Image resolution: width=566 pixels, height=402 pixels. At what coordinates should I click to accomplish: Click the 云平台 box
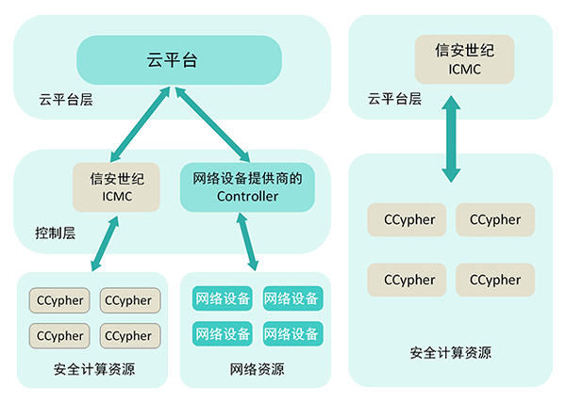click(x=180, y=59)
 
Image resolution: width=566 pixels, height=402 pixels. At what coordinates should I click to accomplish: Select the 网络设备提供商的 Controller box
click(x=247, y=187)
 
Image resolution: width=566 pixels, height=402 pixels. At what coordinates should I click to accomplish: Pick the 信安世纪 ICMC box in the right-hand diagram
click(x=450, y=57)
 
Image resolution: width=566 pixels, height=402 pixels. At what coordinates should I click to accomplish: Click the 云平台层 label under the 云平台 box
click(x=65, y=99)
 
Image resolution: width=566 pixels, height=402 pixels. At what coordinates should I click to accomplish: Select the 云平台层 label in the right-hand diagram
click(x=394, y=98)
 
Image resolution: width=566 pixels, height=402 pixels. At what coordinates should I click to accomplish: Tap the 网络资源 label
click(x=258, y=369)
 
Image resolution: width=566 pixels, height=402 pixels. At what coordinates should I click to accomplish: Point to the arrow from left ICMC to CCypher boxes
click(x=105, y=245)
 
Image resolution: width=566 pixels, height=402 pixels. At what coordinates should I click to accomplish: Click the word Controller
click(x=247, y=196)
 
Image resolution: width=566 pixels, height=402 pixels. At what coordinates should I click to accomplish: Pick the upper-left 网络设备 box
click(x=223, y=299)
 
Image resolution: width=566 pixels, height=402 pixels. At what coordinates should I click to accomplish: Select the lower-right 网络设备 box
click(x=292, y=333)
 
